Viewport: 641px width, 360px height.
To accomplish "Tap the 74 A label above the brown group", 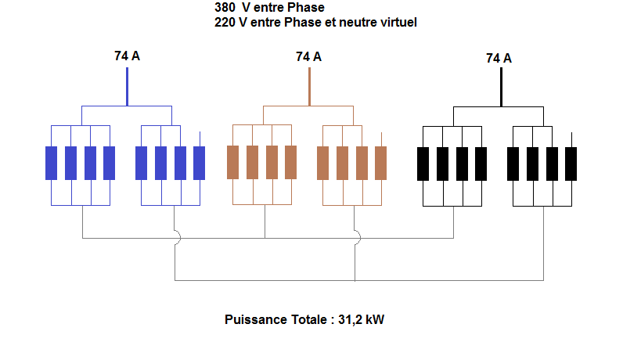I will point(308,56).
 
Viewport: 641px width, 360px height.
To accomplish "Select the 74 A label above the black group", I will point(499,58).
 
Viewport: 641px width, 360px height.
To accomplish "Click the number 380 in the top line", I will point(225,7).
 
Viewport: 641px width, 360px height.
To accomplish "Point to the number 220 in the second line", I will point(225,23).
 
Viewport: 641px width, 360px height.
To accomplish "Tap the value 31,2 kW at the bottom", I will point(362,319).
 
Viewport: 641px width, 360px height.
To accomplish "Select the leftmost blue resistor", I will point(52,163).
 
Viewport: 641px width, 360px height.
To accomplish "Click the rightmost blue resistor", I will point(200,163).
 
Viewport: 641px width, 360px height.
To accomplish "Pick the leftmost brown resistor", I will point(232,163).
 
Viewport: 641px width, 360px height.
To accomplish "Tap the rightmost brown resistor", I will point(381,163).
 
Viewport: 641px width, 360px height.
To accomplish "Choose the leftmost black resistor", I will point(423,163).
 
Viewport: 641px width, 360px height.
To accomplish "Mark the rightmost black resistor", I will point(571,163).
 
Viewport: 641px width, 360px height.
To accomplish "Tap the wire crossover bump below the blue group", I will point(177,237).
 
